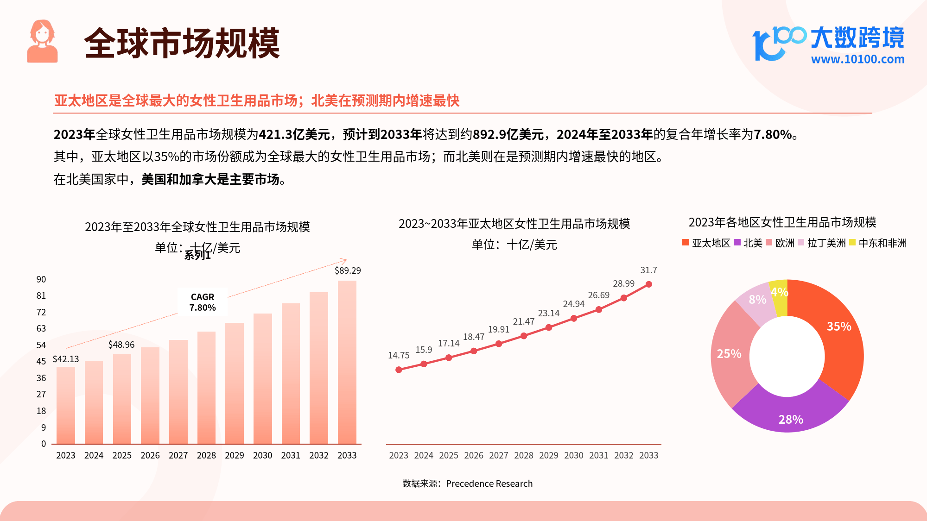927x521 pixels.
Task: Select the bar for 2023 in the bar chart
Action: [x=65, y=405]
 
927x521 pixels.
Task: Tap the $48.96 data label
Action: [x=121, y=345]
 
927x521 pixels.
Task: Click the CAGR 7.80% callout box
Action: [x=203, y=302]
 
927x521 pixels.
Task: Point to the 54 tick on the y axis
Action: [x=41, y=345]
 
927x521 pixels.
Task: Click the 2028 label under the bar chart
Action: [x=206, y=455]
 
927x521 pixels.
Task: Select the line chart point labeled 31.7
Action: [x=648, y=284]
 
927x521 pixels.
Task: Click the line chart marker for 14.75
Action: [x=399, y=370]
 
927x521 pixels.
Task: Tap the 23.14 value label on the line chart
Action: [x=548, y=314]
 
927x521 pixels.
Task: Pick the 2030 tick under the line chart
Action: [x=573, y=455]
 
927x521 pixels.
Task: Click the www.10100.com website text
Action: [x=857, y=59]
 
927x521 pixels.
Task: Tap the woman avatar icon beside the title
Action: [x=42, y=42]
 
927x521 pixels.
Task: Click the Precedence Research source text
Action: [x=489, y=483]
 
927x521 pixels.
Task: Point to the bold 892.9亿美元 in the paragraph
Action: [x=508, y=135]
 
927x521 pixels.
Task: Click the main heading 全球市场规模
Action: [x=182, y=43]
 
